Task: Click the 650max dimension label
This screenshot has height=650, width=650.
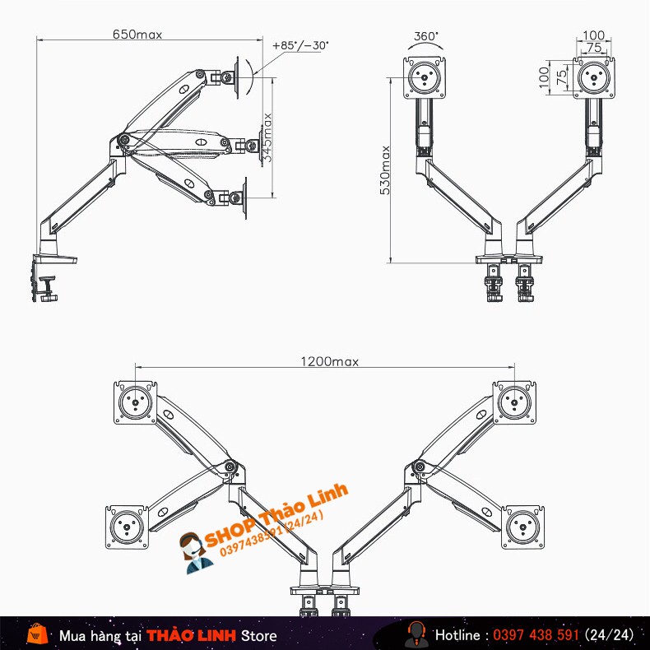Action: [137, 34]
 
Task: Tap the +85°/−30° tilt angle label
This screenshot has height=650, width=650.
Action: [299, 46]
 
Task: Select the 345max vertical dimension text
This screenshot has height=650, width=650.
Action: [268, 137]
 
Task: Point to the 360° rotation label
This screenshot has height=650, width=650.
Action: [426, 36]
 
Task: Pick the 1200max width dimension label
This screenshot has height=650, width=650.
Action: [329, 361]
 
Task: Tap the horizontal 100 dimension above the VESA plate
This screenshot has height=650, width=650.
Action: [592, 35]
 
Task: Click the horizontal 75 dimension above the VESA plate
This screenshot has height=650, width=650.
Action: [592, 48]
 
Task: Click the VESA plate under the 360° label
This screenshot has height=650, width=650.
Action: [426, 77]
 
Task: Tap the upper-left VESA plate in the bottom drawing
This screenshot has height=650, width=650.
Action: [136, 402]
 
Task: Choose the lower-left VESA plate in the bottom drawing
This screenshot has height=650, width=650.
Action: [127, 526]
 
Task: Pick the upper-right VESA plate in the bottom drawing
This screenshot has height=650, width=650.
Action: [515, 402]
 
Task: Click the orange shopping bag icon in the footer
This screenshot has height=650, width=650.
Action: [36, 634]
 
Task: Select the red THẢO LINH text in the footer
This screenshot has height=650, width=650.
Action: [191, 635]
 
